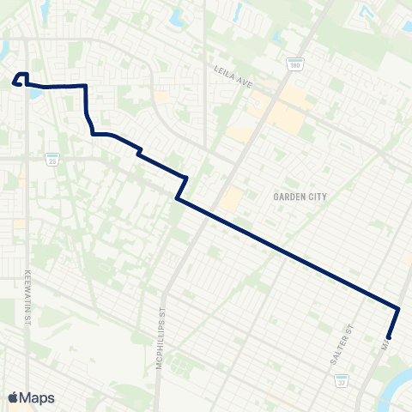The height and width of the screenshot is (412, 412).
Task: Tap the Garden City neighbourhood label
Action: [x=300, y=197]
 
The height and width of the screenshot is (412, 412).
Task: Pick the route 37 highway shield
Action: [x=342, y=380]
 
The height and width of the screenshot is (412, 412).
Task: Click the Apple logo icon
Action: [x=14, y=397]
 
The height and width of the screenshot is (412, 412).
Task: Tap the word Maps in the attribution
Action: [x=38, y=397]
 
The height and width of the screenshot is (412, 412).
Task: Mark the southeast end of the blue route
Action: [x=389, y=337]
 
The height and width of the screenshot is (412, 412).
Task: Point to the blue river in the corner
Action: [x=397, y=378]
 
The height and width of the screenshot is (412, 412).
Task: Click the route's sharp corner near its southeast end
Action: [x=399, y=308]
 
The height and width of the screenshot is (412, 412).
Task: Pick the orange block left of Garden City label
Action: [x=231, y=200]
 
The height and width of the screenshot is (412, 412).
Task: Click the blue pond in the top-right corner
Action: [x=368, y=11]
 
